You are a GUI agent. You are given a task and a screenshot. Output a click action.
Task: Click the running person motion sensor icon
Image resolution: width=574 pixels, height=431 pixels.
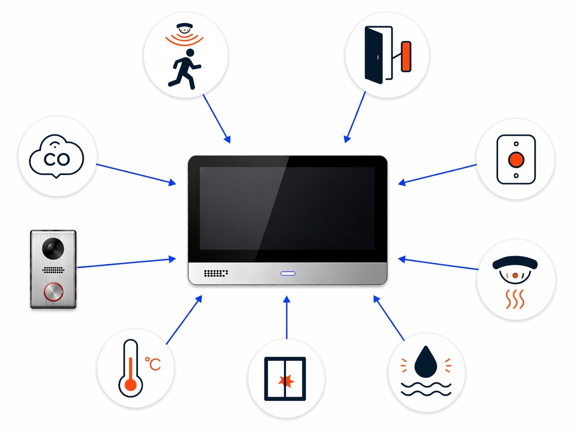[185, 69]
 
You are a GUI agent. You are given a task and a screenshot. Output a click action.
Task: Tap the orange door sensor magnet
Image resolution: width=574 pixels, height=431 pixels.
[406, 56]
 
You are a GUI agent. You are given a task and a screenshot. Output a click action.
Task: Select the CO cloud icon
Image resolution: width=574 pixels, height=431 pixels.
[56, 156]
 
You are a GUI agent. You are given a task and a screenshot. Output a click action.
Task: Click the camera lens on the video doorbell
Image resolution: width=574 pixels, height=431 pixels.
[53, 248]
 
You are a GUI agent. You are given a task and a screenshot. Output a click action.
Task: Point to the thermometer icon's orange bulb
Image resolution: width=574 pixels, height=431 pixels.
[130, 385]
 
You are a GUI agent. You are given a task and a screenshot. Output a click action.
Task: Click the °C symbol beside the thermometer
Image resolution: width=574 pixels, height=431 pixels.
[153, 364]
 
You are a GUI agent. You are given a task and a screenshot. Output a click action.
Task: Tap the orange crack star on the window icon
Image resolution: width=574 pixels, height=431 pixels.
[286, 381]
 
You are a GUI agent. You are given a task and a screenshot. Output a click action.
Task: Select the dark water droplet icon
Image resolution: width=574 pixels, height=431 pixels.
[425, 362]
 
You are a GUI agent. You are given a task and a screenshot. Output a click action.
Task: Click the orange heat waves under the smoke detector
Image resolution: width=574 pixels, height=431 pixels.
[514, 299]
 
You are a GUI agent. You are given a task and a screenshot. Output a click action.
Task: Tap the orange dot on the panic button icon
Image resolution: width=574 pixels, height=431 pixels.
[516, 159]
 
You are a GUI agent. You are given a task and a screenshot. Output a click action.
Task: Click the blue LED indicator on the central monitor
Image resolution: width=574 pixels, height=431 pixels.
[288, 273]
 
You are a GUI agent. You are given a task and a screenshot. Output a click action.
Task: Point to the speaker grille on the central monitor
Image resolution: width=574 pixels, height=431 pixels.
[216, 273]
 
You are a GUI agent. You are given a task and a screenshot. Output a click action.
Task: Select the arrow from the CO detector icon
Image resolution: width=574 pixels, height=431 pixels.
[136, 174]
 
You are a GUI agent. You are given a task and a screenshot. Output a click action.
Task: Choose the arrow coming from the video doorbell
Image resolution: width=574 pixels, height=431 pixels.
[126, 263]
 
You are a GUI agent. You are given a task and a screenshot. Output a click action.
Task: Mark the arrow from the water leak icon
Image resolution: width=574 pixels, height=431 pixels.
[389, 318]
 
